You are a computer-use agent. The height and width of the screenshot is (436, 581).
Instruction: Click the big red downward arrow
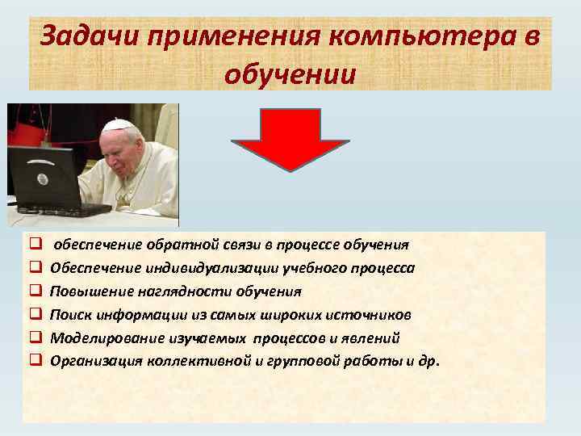(290, 139)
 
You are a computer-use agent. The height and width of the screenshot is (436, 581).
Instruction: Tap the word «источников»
(377, 314)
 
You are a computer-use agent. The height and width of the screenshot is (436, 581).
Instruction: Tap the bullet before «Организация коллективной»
(36, 361)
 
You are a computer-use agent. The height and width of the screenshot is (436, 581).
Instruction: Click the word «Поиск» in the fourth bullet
(68, 314)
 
